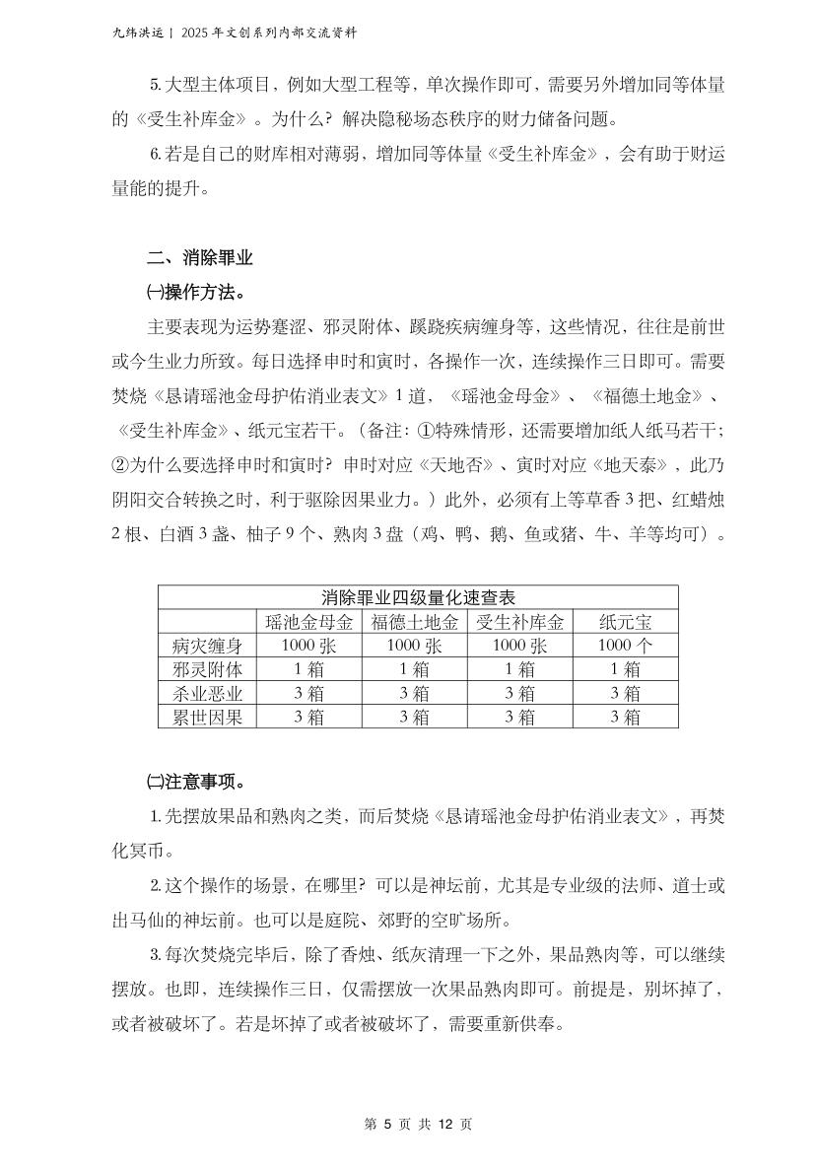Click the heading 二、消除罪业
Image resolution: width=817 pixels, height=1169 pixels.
coord(200,259)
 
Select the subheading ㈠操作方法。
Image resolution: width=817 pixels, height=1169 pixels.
coord(195,293)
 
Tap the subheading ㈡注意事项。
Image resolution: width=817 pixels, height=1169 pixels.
coord(195,783)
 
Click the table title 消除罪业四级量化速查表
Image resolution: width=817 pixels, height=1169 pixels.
coord(418,597)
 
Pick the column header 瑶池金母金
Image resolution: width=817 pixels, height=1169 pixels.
coord(309,622)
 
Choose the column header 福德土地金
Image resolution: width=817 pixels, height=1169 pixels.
coord(415,622)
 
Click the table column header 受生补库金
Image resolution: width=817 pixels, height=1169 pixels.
coord(520,622)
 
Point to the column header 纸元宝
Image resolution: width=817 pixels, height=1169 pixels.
coord(625,622)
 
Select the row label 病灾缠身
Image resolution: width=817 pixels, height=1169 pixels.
coord(207,646)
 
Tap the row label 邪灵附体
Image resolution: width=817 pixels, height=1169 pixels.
coord(207,669)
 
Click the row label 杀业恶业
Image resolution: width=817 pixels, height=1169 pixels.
coord(207,693)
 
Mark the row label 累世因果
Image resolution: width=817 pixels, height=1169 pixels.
coord(207,717)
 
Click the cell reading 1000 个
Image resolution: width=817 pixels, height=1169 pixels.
coord(625,646)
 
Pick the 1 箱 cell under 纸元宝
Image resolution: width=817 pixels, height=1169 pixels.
coord(625,669)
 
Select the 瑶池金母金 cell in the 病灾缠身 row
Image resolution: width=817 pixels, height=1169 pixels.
coord(309,646)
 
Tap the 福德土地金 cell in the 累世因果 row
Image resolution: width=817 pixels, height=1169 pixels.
coord(415,717)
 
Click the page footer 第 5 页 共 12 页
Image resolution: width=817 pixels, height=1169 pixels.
coord(418,1124)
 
